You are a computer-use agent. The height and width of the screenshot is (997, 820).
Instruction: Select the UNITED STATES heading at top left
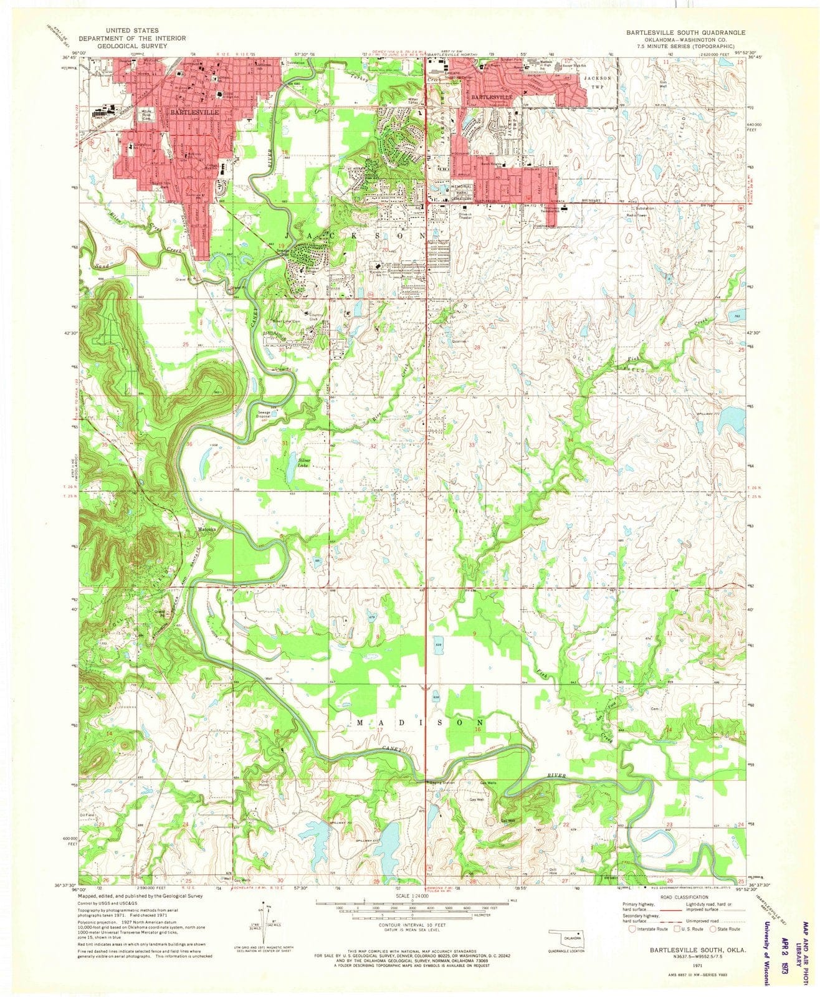click(131, 30)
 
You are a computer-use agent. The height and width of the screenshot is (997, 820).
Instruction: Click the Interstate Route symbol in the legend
click(633, 928)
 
